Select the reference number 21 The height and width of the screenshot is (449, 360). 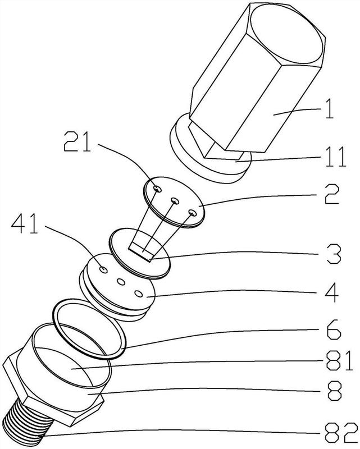tap(78, 141)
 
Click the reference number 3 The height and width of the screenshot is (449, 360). tap(334, 254)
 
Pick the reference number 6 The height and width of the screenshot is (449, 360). tap(334, 330)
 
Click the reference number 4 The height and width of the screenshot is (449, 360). tap(332, 292)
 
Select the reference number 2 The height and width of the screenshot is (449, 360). tap(331, 194)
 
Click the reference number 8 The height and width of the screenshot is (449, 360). tap(334, 391)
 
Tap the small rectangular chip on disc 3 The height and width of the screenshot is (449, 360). tap(140, 252)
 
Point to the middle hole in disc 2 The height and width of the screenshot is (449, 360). tap(175, 201)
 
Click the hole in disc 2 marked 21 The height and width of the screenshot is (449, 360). tap(158, 189)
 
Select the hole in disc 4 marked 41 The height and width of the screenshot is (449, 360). tap(103, 269)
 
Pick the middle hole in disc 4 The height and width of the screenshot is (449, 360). tap(121, 282)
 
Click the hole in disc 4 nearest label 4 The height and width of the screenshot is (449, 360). tap(139, 294)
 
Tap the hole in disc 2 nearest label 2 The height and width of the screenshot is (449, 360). tap(192, 213)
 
